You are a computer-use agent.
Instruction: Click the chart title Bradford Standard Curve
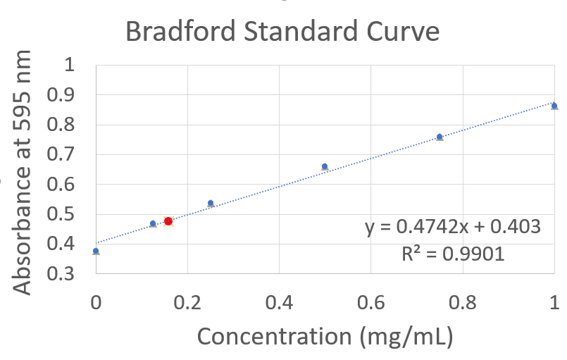(282, 32)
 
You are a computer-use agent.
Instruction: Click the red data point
(168, 221)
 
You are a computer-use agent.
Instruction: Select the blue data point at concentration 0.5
(325, 167)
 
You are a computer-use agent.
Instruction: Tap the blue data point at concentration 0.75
(440, 137)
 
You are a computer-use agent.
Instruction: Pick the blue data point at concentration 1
(554, 106)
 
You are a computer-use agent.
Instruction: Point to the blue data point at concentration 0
(96, 251)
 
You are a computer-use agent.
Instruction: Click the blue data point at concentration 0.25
(211, 203)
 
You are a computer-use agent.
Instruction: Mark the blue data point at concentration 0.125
(153, 223)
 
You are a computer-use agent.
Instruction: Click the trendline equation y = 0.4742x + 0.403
(452, 226)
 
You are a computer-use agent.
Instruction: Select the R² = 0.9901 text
(452, 254)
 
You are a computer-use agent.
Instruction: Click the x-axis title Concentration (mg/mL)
(323, 335)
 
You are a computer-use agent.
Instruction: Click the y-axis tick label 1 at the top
(69, 66)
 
